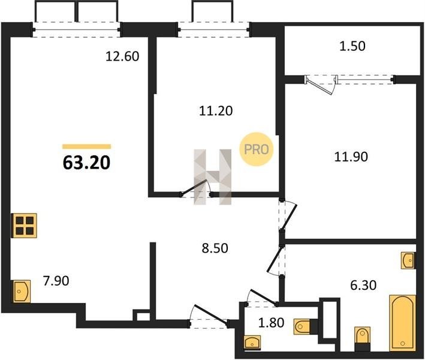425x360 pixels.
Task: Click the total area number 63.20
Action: (x=86, y=163)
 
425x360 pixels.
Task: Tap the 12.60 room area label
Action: (x=122, y=56)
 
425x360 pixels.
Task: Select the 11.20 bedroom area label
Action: (x=216, y=111)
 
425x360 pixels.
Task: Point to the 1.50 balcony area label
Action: (x=352, y=46)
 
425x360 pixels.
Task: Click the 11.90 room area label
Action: (x=351, y=157)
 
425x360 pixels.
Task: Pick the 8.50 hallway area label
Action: (x=215, y=248)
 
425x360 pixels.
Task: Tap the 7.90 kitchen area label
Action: (x=56, y=281)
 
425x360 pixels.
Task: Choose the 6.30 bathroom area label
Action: (x=363, y=286)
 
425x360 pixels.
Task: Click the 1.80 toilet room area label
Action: (x=272, y=323)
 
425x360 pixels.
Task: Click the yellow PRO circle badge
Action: (x=257, y=149)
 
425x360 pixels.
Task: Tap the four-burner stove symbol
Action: (x=24, y=226)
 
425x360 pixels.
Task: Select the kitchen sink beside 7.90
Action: (x=22, y=292)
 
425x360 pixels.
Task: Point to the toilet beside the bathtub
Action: (x=363, y=339)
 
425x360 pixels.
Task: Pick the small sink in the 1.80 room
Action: (x=252, y=343)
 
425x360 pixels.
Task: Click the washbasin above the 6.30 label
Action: (x=408, y=260)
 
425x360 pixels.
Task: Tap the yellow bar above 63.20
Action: (x=87, y=146)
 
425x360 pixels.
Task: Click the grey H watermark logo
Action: (x=213, y=176)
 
